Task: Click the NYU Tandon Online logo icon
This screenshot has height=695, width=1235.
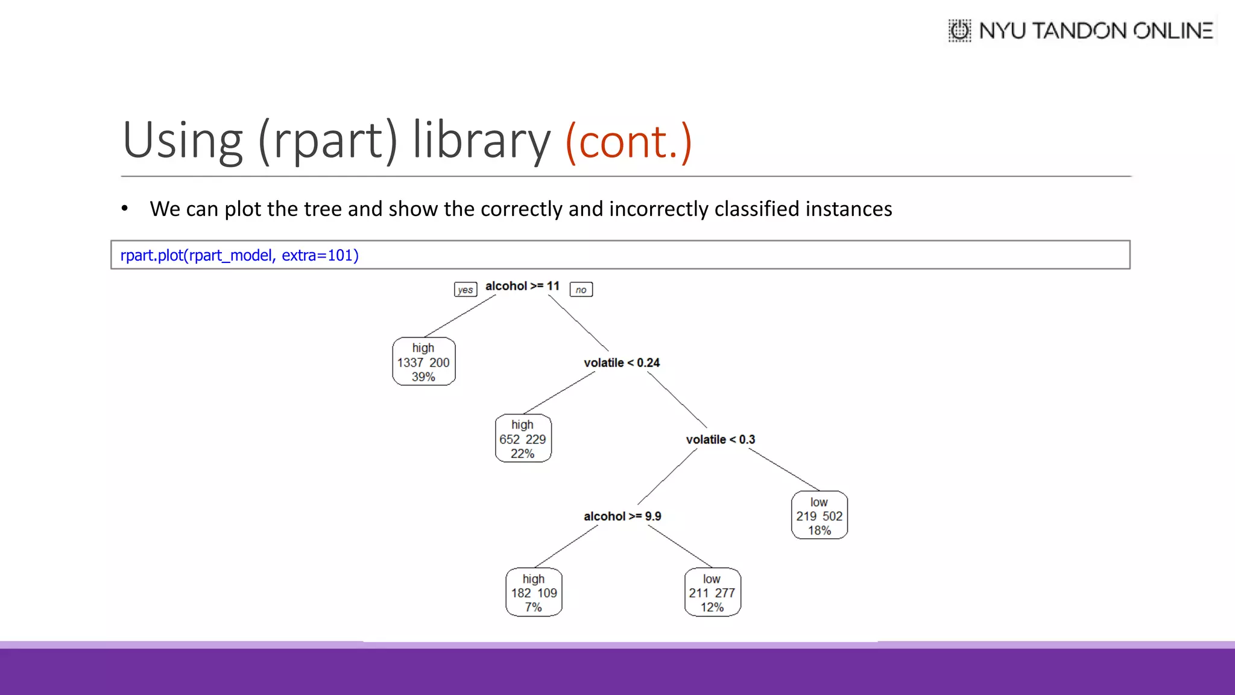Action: (x=959, y=30)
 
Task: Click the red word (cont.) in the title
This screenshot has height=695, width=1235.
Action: (x=628, y=141)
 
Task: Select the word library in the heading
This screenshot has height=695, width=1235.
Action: (x=481, y=141)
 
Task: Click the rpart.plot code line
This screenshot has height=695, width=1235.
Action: (x=239, y=255)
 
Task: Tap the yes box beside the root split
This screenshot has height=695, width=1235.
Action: (x=465, y=290)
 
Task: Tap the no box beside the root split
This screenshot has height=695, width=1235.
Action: (x=581, y=290)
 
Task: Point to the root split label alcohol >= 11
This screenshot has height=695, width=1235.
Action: (x=522, y=286)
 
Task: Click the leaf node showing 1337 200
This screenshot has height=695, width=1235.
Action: (x=423, y=362)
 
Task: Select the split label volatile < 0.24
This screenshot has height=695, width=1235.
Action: (x=621, y=363)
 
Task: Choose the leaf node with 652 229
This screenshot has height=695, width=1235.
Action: (x=523, y=439)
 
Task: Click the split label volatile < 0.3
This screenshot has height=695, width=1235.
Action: (x=720, y=440)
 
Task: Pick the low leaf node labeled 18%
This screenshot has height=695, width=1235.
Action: (x=819, y=516)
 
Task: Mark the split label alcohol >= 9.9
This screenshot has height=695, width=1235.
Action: (x=622, y=516)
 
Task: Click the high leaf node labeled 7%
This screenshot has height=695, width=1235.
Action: (x=534, y=592)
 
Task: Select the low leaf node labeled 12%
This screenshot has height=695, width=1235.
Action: (x=712, y=592)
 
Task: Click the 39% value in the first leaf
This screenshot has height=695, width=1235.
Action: (x=423, y=377)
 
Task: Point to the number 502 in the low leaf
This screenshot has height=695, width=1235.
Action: (x=832, y=516)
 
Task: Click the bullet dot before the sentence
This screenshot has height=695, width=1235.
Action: (x=125, y=209)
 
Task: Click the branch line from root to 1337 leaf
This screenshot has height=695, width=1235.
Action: (x=460, y=316)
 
